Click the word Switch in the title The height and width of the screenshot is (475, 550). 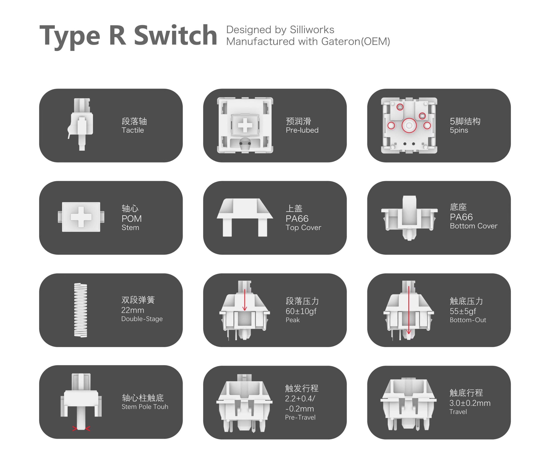[175, 35]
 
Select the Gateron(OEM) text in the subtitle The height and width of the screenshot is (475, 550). [356, 41]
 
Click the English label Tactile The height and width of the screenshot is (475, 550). [132, 130]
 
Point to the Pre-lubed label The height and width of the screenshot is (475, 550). [302, 130]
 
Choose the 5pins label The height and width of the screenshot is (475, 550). [459, 130]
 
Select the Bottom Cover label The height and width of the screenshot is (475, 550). [473, 226]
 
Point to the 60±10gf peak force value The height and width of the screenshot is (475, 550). [301, 311]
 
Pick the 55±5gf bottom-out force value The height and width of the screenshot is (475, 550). [463, 311]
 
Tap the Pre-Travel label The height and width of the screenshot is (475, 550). [300, 417]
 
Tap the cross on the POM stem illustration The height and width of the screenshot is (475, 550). [81, 217]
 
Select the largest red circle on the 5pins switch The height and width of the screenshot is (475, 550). [409, 125]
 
